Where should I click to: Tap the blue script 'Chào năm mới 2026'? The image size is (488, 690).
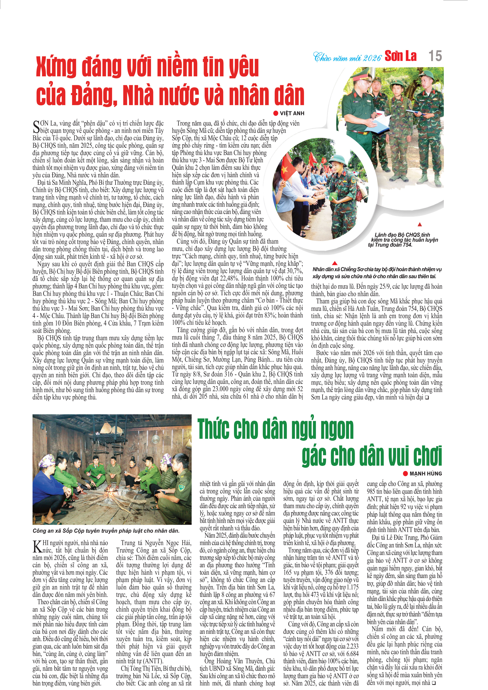click(x=347, y=57)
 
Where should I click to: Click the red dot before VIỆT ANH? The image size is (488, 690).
click(x=276, y=113)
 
